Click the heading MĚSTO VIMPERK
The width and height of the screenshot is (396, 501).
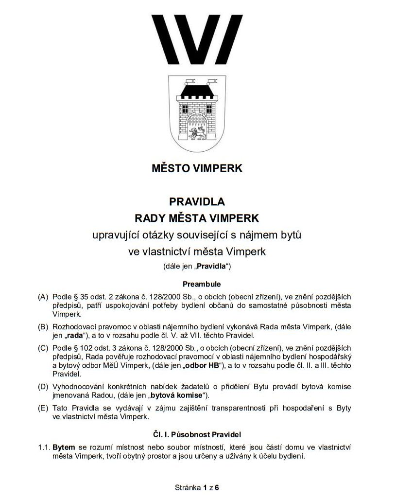click(x=197, y=169)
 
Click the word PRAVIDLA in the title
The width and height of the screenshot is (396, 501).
click(x=197, y=201)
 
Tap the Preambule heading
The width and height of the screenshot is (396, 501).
click(x=197, y=283)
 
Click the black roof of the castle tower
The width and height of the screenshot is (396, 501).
click(x=197, y=89)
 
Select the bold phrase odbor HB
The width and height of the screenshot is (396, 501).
click(x=203, y=365)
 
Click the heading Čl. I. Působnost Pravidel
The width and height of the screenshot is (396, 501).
click(x=197, y=433)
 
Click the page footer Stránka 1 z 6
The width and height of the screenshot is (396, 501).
click(x=197, y=487)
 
